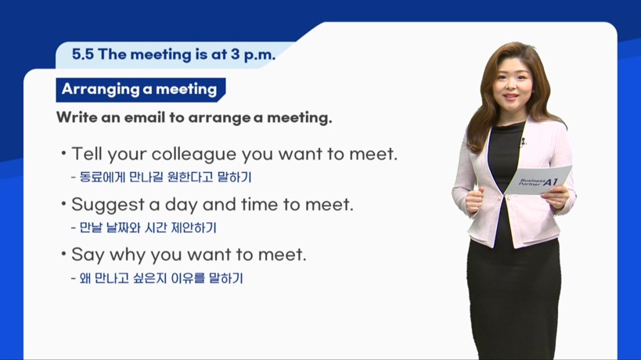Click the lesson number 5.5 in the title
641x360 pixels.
[x=83, y=54]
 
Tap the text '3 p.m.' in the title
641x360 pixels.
[x=253, y=55]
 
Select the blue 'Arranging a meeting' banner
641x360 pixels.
[x=141, y=89]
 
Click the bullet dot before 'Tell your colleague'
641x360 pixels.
[x=63, y=153]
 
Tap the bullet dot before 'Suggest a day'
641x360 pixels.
[x=63, y=203]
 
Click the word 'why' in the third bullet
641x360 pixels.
[x=127, y=255]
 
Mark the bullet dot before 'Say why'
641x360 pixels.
[x=63, y=254]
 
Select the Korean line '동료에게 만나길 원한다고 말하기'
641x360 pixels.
[x=161, y=177]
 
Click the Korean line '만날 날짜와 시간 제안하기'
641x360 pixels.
[x=143, y=228]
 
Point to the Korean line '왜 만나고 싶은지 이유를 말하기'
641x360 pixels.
[x=157, y=279]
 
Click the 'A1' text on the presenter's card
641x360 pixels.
[x=551, y=182]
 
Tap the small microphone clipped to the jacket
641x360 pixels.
[x=523, y=142]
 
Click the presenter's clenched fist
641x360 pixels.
[x=474, y=200]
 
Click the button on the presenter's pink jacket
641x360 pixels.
[x=508, y=198]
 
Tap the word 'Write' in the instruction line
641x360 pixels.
[x=77, y=117]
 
